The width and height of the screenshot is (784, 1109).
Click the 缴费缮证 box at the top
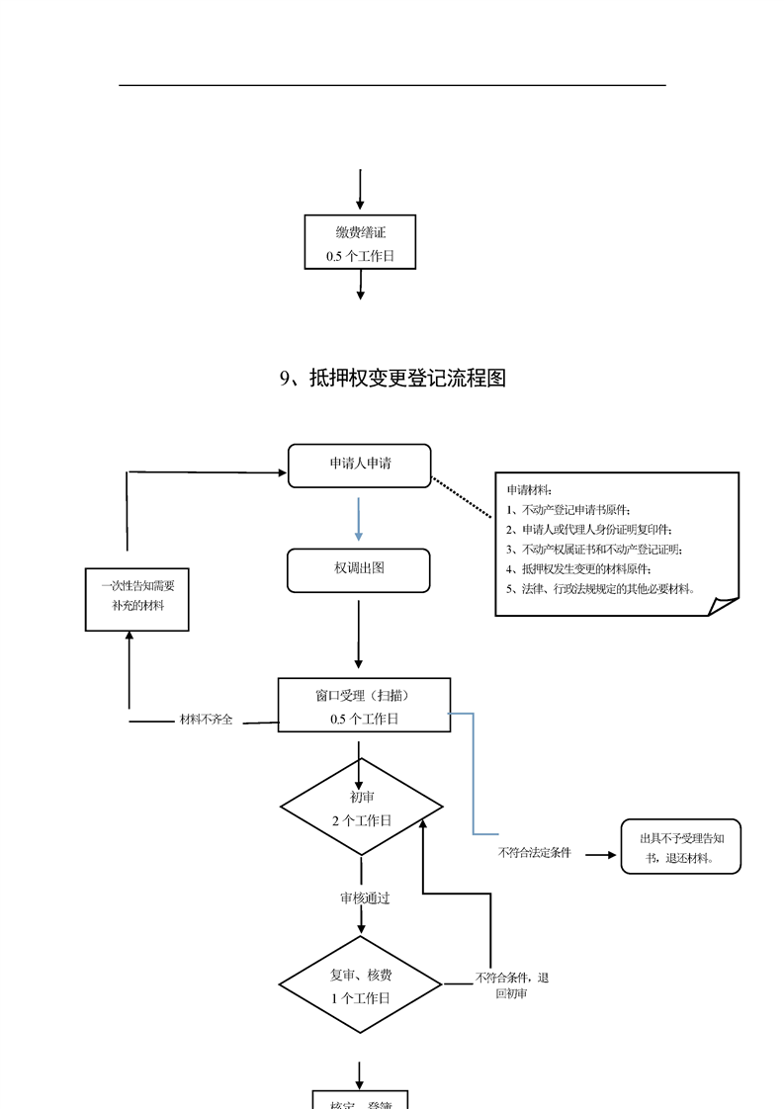(x=360, y=242)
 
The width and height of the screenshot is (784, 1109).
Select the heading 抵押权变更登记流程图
(x=392, y=378)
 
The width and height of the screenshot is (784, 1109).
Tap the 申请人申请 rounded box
(x=359, y=465)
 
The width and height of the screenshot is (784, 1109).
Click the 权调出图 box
(x=358, y=569)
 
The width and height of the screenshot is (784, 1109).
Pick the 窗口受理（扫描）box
(x=364, y=705)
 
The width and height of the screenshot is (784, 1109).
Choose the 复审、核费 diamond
(x=360, y=985)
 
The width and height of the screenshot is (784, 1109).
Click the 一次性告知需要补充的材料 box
(x=137, y=598)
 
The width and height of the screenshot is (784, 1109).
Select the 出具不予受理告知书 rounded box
(x=680, y=846)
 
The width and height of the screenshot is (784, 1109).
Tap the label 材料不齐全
(x=206, y=720)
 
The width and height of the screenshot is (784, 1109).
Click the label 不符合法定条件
(x=535, y=852)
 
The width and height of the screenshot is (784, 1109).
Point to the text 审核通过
(x=365, y=898)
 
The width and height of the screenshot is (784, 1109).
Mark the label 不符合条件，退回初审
(x=511, y=984)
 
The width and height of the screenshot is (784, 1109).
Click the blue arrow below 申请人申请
(x=359, y=518)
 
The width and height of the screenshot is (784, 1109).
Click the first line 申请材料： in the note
(x=530, y=490)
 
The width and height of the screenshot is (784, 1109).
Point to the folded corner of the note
(x=724, y=605)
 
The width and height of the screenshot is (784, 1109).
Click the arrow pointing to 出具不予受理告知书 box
(x=599, y=852)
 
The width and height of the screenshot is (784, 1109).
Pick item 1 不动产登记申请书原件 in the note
(x=566, y=510)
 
